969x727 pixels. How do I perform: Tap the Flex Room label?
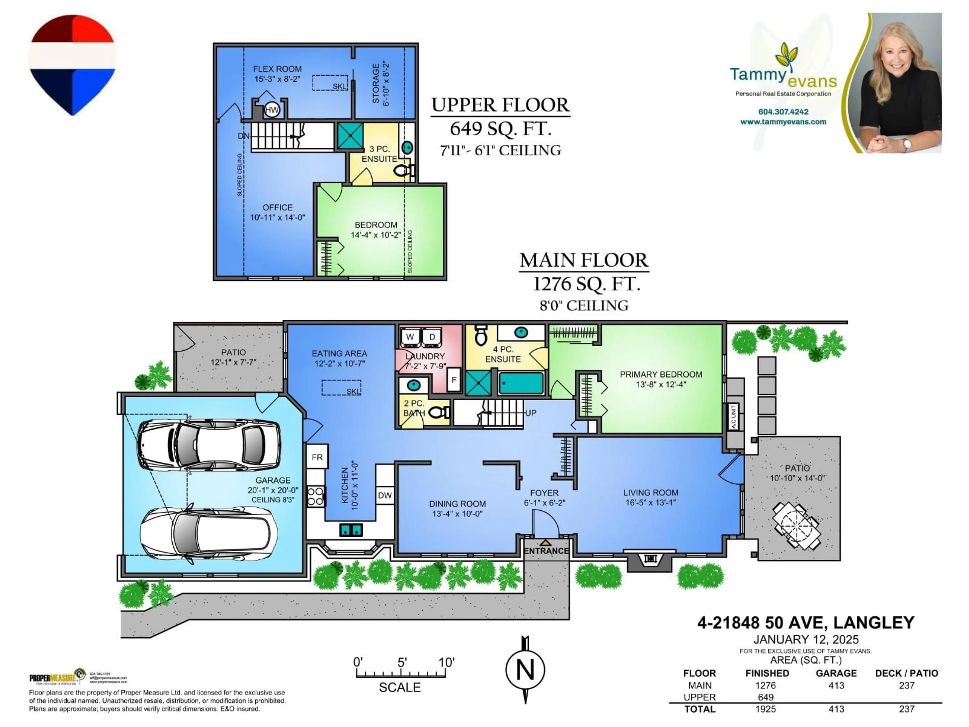(x=277, y=69)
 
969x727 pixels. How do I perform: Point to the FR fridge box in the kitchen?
(x=317, y=457)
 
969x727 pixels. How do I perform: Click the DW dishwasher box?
(x=385, y=495)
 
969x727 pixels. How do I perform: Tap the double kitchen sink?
(x=351, y=530)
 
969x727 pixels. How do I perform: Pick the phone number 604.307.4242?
(x=783, y=112)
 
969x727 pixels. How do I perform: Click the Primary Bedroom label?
(x=661, y=375)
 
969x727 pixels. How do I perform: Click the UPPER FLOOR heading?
(x=500, y=105)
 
